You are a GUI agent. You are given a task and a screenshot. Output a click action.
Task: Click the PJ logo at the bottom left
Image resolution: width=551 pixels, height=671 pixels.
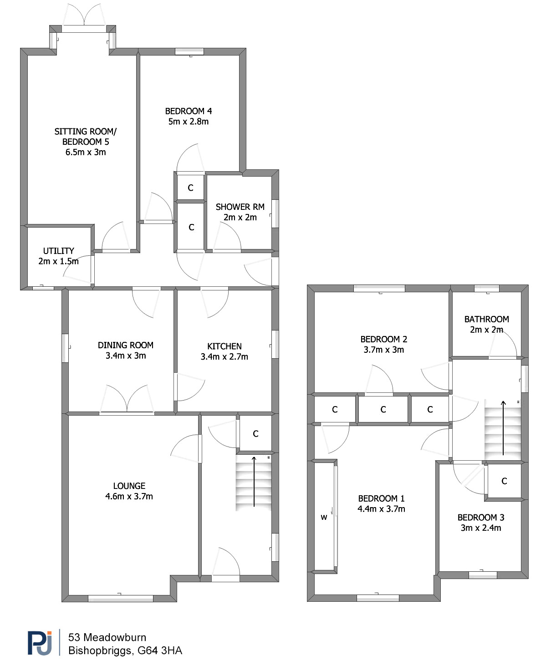(x=40, y=642)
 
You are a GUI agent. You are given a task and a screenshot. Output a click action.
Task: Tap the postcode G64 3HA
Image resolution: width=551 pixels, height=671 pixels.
(x=160, y=651)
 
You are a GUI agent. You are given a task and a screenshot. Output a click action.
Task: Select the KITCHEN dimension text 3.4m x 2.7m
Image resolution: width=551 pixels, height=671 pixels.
(x=224, y=356)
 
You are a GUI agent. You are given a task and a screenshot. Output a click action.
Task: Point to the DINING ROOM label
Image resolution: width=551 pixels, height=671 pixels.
(x=125, y=345)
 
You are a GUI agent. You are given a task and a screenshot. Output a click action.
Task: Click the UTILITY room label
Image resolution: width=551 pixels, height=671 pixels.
(x=59, y=251)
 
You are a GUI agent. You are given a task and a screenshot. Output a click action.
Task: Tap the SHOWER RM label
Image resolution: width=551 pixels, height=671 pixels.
(x=240, y=207)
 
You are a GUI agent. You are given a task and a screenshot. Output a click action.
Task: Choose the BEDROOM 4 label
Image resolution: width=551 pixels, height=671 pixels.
(x=189, y=111)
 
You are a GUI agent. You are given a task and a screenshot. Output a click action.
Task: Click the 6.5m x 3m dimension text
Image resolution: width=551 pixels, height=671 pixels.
(x=86, y=152)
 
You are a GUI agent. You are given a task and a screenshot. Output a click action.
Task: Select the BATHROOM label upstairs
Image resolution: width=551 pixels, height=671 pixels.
(x=486, y=319)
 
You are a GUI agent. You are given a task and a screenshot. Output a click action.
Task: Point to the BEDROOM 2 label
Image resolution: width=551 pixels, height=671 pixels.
(x=383, y=339)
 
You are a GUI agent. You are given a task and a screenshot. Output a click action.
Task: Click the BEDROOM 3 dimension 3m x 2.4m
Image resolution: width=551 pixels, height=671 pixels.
(x=481, y=528)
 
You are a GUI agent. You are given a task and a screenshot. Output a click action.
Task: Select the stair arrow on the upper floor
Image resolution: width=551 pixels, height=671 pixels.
(x=503, y=427)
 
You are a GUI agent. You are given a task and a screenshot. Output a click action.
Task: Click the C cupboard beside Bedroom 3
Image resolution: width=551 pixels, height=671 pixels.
(x=504, y=481)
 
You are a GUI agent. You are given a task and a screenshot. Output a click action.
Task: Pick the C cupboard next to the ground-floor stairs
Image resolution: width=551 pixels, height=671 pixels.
(x=255, y=434)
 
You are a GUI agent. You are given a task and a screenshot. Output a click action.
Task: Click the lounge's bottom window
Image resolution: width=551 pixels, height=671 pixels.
(x=120, y=598)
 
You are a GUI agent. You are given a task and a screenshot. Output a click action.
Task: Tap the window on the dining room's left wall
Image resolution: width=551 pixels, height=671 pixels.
(x=65, y=348)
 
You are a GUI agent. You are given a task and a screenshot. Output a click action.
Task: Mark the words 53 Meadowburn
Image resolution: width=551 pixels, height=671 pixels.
(x=107, y=637)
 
